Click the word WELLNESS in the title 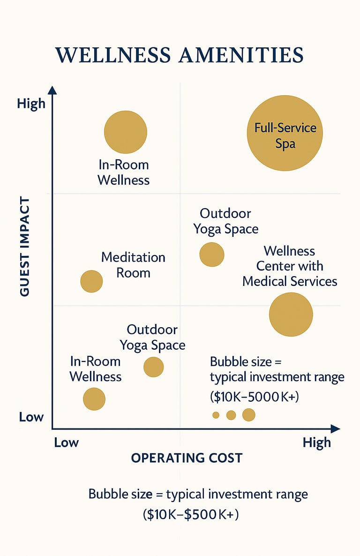112,55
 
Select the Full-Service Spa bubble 285,133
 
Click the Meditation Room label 133,265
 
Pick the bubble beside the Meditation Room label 91,281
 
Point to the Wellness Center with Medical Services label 290,266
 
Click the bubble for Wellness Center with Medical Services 291,315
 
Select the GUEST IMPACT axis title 25,246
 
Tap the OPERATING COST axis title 187,458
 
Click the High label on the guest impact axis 31,103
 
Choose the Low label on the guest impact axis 31,417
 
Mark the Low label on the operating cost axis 66,443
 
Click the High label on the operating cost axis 316,443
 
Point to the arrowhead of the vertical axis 52,90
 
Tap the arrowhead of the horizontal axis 335,428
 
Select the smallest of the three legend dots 216,415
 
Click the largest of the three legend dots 248,414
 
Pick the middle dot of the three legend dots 231,415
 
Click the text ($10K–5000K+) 254,397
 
